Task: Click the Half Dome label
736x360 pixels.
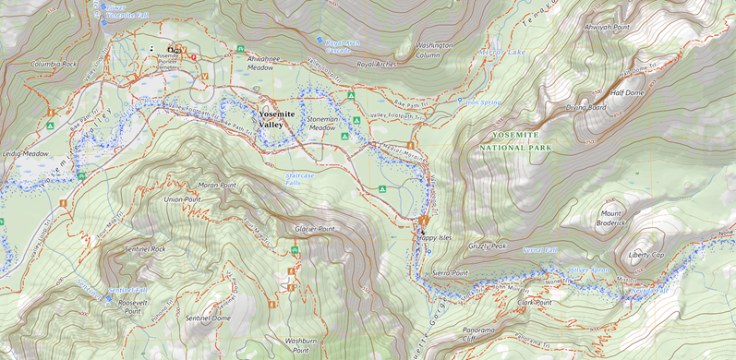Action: click(x=627, y=92)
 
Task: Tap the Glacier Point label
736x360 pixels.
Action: click(x=314, y=228)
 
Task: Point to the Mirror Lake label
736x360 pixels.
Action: click(x=501, y=53)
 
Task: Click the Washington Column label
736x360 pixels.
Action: click(x=434, y=50)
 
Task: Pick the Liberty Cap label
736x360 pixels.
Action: click(x=646, y=254)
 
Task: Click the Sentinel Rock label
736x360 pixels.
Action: click(x=145, y=249)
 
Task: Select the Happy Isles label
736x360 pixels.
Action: click(x=433, y=237)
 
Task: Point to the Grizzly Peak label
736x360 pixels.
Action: click(x=487, y=246)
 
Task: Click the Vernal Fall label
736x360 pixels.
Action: click(x=540, y=250)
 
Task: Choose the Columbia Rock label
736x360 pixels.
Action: click(x=54, y=65)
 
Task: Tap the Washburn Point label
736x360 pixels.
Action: click(x=301, y=345)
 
